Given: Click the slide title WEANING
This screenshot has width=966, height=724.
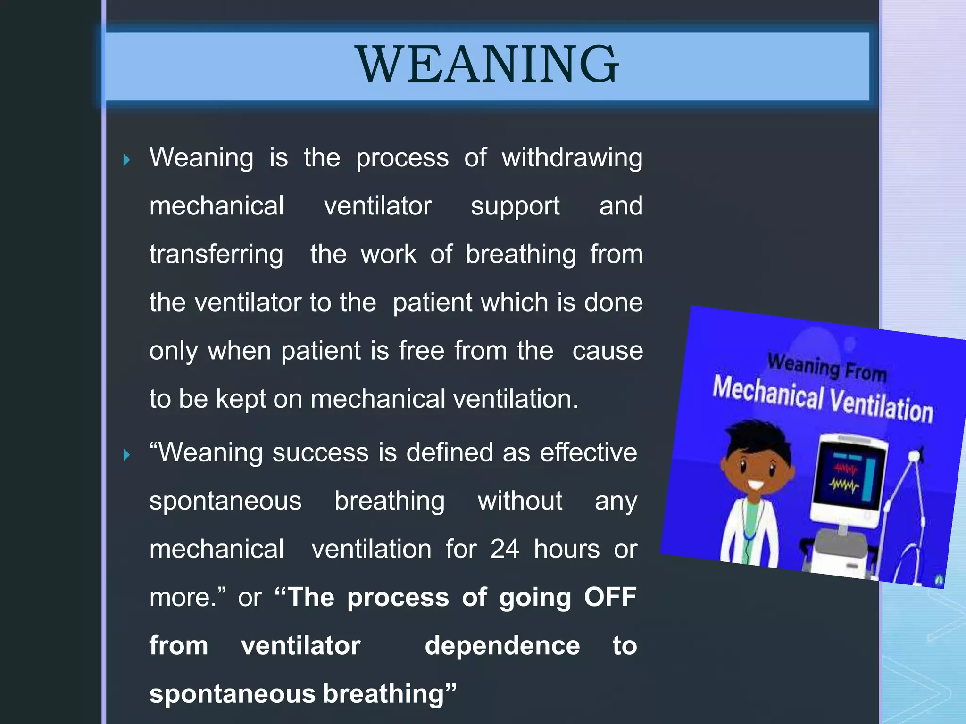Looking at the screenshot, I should (x=487, y=65).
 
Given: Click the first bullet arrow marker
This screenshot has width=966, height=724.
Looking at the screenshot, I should (x=126, y=160).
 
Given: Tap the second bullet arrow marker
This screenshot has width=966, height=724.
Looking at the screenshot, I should (x=126, y=455).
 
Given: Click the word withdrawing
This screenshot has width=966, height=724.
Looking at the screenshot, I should (x=572, y=157).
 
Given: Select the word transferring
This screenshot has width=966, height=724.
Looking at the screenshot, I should (x=217, y=255).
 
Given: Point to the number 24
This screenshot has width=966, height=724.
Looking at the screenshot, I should (x=504, y=549).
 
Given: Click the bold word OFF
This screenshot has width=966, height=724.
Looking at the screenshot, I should (x=610, y=597).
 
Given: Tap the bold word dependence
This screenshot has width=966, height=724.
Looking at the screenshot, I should (x=502, y=646).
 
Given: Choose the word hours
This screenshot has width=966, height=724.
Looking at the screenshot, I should (x=566, y=549).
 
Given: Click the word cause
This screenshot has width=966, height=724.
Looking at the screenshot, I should (x=608, y=351).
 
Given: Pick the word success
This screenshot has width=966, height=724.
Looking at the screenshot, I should (x=320, y=452).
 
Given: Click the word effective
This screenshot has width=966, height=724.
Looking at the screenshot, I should (x=588, y=452).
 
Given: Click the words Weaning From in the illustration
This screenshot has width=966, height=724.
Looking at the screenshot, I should (x=827, y=367).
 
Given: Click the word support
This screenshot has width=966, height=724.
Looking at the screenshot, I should (x=515, y=206).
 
